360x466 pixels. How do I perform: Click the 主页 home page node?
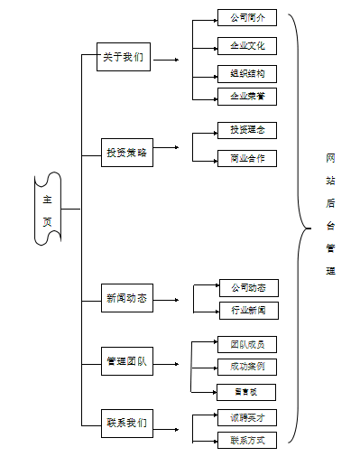(x=48, y=210)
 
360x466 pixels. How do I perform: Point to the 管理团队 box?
(x=126, y=363)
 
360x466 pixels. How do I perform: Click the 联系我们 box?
(x=126, y=422)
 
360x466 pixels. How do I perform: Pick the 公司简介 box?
(x=246, y=17)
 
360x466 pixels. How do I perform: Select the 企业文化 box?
(x=246, y=46)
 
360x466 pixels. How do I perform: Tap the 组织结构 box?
(x=246, y=73)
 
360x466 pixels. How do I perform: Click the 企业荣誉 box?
(x=246, y=95)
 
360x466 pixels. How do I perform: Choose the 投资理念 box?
(x=246, y=130)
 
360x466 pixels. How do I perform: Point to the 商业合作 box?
(x=246, y=159)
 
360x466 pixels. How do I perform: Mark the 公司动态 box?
(x=248, y=288)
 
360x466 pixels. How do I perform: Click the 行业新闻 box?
(x=248, y=311)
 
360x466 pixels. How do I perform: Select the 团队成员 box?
(x=246, y=344)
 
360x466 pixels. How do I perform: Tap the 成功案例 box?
(x=246, y=367)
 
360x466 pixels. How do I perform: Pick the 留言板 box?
(x=246, y=392)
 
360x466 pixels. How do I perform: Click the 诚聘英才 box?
(x=246, y=417)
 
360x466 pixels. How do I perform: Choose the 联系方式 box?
(x=246, y=440)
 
